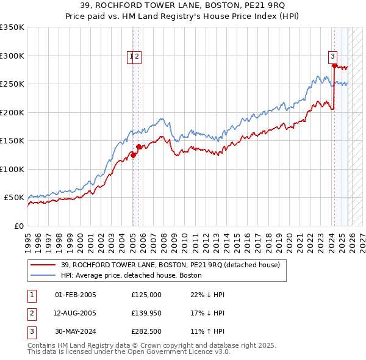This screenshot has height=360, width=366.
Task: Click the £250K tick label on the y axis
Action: (x=12, y=84)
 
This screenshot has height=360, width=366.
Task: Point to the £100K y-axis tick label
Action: (x=12, y=169)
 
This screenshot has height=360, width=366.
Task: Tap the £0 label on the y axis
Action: (x=18, y=226)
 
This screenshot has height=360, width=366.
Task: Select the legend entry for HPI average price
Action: (x=135, y=276)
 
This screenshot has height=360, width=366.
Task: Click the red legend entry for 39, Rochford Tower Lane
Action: (x=170, y=265)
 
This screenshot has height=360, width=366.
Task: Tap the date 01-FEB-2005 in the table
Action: (x=76, y=295)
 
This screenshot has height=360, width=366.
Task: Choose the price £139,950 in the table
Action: (x=146, y=314)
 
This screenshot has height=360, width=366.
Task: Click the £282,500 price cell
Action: (x=146, y=333)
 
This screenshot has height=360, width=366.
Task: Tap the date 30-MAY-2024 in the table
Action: (x=76, y=333)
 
